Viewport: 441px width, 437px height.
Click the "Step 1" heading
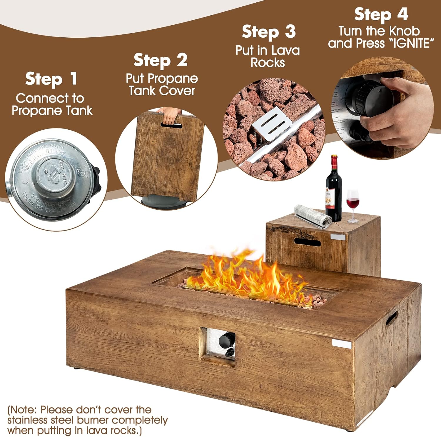tap(51, 79)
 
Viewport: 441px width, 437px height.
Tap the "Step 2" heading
tap(161, 60)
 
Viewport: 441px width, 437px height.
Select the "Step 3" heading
tap(269, 32)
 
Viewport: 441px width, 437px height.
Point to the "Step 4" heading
tap(381, 14)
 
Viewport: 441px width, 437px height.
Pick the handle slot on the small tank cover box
tap(307, 243)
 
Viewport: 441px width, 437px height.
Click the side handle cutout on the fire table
tap(392, 318)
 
